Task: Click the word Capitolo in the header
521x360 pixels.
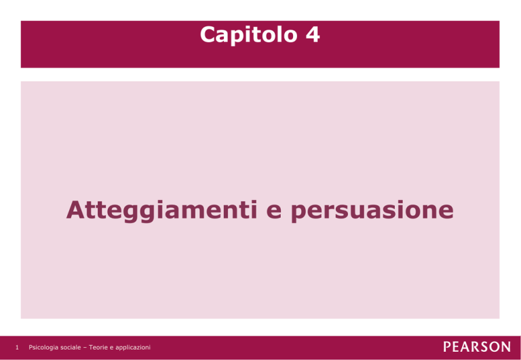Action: tap(248, 35)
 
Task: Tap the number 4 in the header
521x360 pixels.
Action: tap(313, 34)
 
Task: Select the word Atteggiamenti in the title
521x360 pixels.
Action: tap(162, 211)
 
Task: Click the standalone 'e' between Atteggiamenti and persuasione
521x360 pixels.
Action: tap(274, 213)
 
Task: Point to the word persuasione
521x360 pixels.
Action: tap(372, 212)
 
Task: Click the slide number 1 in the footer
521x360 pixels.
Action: tap(17, 348)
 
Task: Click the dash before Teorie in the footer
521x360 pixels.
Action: tap(85, 348)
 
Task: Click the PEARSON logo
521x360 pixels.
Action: tap(477, 347)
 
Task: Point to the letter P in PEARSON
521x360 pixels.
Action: tap(447, 347)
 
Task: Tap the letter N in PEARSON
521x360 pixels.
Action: tap(505, 347)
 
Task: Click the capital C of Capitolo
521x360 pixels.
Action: tap(208, 34)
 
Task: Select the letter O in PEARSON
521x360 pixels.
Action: tap(493, 347)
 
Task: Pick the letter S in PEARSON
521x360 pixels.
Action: tap(482, 347)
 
